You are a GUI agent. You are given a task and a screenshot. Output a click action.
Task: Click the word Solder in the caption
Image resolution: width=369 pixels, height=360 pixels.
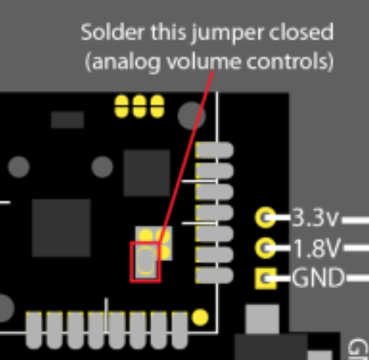(x=113, y=32)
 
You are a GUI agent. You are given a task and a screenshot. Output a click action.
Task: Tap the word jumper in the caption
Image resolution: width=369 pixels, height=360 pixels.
(x=227, y=34)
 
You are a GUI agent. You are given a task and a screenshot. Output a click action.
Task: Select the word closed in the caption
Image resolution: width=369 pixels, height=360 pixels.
(x=301, y=32)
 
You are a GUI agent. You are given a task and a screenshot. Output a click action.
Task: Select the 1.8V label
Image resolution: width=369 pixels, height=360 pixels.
(x=318, y=248)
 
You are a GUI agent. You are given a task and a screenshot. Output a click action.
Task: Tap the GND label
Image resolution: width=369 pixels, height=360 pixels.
(x=318, y=278)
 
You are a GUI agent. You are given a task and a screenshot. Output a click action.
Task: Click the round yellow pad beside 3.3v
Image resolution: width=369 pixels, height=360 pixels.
(x=266, y=217)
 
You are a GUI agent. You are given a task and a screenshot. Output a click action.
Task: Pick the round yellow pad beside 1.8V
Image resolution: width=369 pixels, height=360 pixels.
(x=266, y=248)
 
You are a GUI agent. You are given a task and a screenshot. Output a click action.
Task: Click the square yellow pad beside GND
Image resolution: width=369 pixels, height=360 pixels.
(x=266, y=279)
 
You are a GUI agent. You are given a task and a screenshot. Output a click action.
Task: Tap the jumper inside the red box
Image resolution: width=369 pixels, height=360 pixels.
(x=146, y=261)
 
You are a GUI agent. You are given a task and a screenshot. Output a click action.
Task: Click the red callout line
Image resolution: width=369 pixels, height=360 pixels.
(x=185, y=156)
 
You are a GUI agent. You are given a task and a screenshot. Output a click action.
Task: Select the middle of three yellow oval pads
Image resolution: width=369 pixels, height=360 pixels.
(x=140, y=107)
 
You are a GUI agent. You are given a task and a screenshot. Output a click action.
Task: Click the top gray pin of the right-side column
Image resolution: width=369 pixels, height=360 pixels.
(x=215, y=150)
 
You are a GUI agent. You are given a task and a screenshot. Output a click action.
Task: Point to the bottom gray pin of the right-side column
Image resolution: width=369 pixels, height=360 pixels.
(x=215, y=276)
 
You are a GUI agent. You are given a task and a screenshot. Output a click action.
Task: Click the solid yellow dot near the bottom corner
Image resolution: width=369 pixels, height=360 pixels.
(x=200, y=317)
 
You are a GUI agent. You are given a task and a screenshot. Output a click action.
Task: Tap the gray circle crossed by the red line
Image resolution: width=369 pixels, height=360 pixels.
(x=192, y=116)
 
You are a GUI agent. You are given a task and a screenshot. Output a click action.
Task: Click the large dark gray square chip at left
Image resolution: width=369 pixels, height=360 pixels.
(x=61, y=228)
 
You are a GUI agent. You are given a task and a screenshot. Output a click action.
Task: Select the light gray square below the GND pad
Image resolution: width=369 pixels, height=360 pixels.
(x=262, y=319)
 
